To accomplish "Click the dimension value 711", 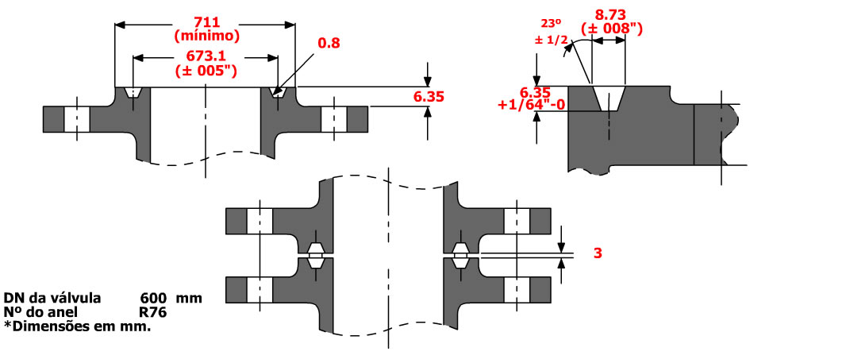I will (x=206, y=21).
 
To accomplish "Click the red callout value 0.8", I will (x=328, y=44).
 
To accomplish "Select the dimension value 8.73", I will (x=610, y=14).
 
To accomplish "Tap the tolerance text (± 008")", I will (x=611, y=29).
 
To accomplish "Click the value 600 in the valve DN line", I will (x=152, y=299).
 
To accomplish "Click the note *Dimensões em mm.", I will (x=77, y=326).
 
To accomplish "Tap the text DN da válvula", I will (x=52, y=299).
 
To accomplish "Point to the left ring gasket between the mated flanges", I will (x=315, y=255).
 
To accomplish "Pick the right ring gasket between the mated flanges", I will (x=460, y=255).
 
